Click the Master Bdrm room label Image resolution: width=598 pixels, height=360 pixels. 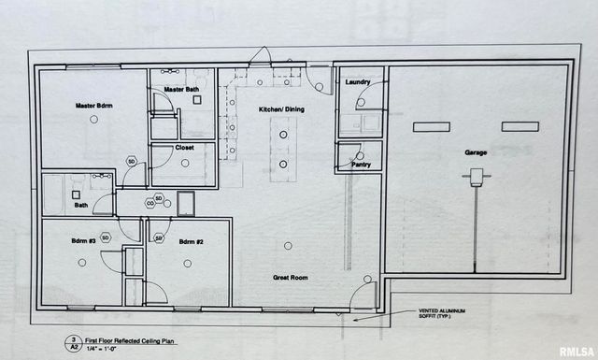tap(93, 106)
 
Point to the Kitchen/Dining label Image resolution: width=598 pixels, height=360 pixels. tap(279, 109)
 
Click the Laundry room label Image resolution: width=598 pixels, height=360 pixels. tap(358, 82)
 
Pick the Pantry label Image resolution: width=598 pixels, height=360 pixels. tap(360, 164)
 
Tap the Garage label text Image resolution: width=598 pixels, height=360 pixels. tap(477, 151)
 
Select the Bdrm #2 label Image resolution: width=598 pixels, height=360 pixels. tap(192, 241)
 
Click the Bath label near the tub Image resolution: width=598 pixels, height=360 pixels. tap(81, 205)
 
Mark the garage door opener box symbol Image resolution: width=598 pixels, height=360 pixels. tap(476, 175)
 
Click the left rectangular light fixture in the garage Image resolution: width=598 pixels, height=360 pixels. tap(433, 126)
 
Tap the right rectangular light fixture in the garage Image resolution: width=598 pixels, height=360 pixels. tap(520, 126)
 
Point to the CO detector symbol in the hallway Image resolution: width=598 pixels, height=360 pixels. tap(149, 203)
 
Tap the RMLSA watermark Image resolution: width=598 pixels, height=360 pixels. tap(576, 352)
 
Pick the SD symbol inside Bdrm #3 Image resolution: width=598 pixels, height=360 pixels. tap(106, 238)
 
